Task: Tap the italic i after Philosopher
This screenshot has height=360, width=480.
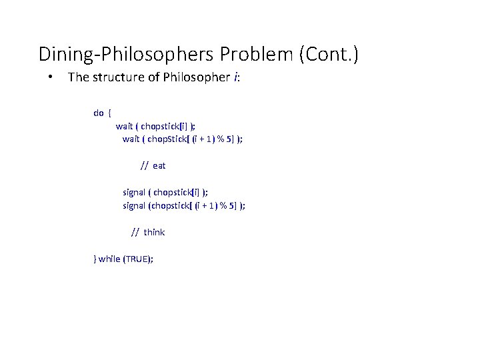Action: (x=235, y=77)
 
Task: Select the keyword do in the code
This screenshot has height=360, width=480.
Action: (x=98, y=113)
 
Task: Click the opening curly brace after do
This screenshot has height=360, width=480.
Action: (x=109, y=113)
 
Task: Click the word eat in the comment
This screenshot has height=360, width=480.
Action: (x=159, y=165)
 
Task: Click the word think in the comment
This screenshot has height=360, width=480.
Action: (x=154, y=232)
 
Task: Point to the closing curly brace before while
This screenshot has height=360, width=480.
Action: (x=95, y=259)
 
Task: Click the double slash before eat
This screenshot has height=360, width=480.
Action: (x=144, y=165)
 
